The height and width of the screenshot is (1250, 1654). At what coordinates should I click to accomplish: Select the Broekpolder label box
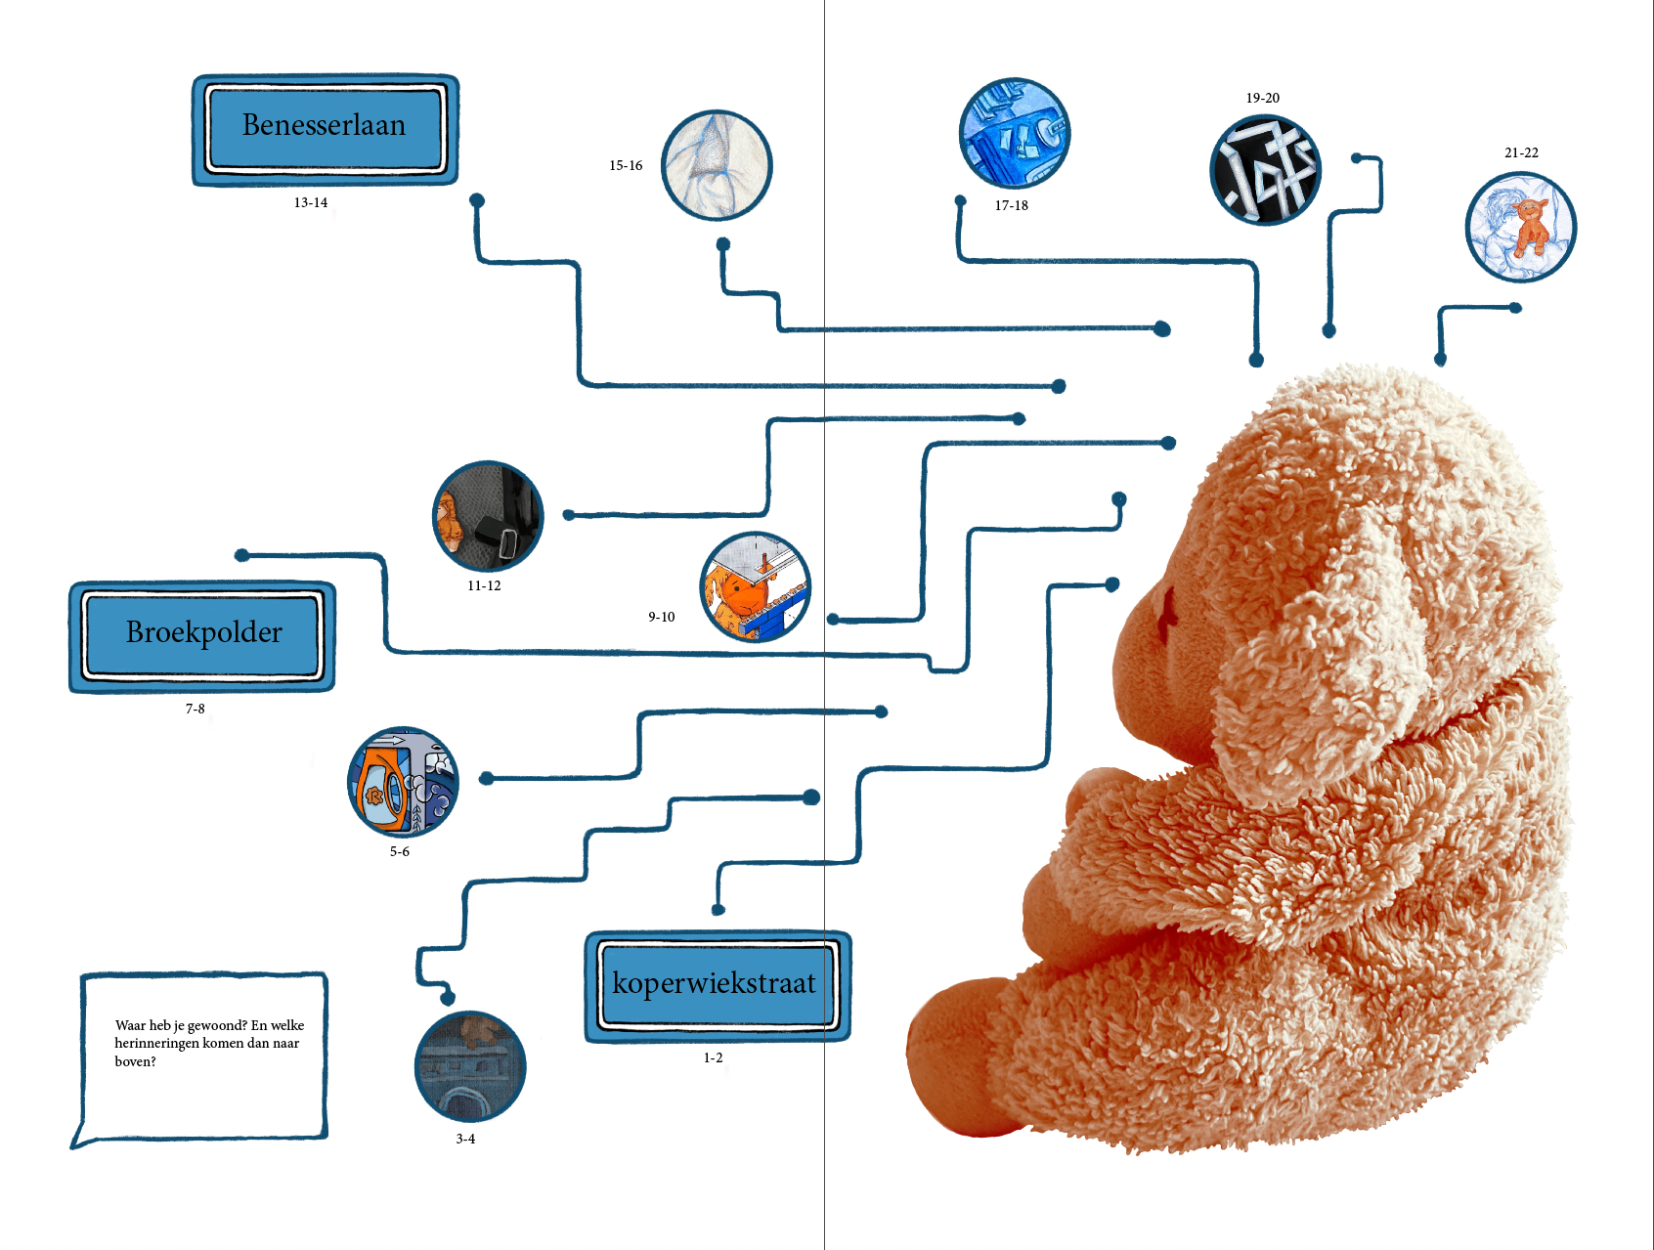point(202,636)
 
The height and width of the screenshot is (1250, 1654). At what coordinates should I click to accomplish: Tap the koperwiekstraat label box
point(717,985)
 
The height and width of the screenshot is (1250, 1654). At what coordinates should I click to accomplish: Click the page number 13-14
point(311,203)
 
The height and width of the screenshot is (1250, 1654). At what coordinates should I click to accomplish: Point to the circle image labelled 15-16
point(717,165)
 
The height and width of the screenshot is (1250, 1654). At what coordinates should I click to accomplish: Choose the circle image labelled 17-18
point(1015,133)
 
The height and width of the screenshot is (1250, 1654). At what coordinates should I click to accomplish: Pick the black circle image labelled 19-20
point(1265,170)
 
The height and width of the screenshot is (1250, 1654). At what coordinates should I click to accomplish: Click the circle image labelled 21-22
point(1520,227)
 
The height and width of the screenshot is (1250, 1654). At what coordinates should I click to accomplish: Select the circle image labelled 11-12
point(487,516)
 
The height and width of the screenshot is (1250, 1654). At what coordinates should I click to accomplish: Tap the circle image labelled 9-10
point(755,586)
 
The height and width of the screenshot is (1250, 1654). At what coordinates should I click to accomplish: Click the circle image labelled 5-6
point(403,782)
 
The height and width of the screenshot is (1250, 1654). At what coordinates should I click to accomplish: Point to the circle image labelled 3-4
point(470,1066)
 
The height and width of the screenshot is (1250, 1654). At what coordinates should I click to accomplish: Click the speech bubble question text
point(208,1043)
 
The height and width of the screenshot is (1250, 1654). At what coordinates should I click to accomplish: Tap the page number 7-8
point(196,710)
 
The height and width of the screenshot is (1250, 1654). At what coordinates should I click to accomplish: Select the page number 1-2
point(714,1058)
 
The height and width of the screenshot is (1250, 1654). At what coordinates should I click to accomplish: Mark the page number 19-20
point(1262,99)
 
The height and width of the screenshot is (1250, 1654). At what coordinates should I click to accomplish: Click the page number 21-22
point(1521,153)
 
